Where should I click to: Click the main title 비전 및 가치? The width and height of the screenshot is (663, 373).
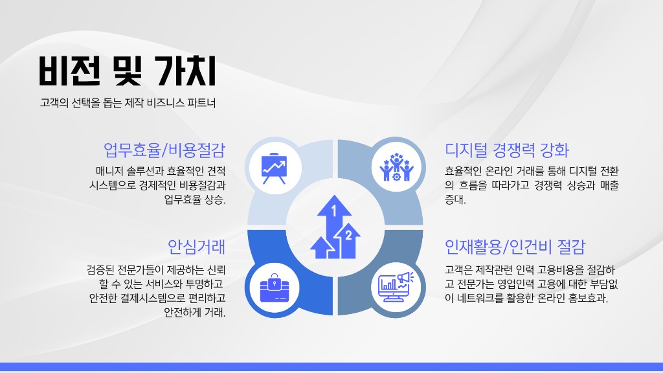point(127,71)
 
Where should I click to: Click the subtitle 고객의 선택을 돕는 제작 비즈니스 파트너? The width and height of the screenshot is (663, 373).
point(127,103)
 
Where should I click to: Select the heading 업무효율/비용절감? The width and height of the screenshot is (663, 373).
point(164,150)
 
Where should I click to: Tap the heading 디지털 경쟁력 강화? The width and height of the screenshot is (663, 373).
point(507,150)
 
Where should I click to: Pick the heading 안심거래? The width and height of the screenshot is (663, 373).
point(196,247)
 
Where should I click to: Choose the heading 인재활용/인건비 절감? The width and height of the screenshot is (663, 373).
point(515,247)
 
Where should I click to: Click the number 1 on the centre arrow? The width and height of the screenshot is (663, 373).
point(334,210)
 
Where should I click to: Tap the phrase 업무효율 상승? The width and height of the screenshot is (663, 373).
point(196,199)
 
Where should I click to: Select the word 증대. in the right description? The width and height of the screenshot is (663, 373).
point(455,199)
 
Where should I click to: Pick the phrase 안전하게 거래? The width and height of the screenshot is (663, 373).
point(195,313)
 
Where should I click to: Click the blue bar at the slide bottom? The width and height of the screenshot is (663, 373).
point(331,367)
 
